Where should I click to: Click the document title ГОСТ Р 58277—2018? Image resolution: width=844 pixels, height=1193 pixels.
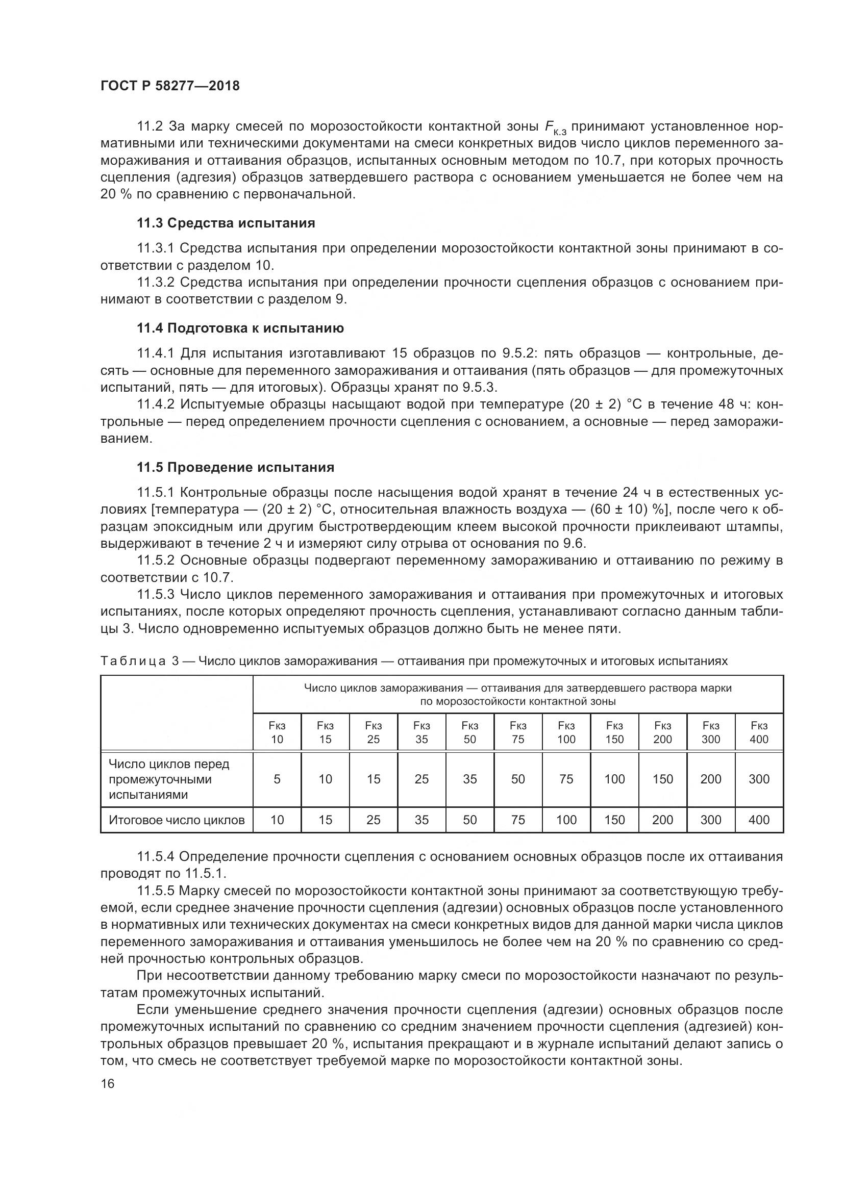170,86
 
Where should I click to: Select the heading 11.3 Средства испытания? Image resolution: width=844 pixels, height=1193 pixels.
226,223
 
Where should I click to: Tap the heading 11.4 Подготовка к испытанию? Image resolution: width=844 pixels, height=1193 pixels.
240,328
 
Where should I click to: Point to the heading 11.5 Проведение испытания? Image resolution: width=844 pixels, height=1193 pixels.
235,467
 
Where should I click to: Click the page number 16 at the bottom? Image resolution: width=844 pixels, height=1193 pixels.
108,1083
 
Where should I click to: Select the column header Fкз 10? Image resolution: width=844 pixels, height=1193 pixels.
277,732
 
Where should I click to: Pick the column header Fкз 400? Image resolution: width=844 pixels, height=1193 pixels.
759,732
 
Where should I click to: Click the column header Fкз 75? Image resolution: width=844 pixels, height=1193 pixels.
517,732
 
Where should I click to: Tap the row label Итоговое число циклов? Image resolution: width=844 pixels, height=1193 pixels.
177,820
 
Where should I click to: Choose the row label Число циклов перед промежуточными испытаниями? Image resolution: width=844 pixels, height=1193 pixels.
169,779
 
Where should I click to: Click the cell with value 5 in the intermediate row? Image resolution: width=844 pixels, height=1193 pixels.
277,779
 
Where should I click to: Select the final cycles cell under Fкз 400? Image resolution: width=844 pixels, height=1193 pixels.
759,820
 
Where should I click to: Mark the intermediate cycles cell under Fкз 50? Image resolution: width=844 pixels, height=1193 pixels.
470,779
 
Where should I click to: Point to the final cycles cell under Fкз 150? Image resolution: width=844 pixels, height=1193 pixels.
614,820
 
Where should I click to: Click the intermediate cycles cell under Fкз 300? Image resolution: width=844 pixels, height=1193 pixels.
710,779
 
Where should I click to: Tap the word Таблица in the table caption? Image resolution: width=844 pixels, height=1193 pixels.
133,661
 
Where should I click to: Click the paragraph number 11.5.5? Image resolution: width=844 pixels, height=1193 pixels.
156,891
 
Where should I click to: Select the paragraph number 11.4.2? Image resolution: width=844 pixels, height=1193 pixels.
156,404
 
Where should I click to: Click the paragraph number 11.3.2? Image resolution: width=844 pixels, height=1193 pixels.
156,282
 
